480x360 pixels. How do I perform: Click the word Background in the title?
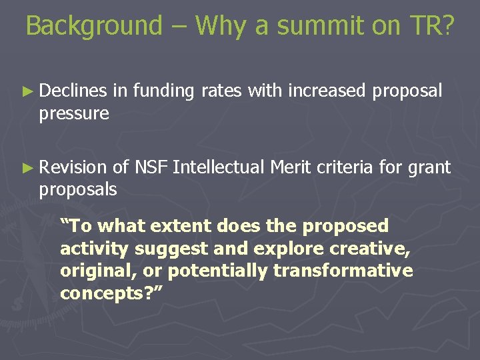click(x=94, y=26)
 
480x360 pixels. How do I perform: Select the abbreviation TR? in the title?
click(x=431, y=26)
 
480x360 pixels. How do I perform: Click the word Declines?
click(x=73, y=91)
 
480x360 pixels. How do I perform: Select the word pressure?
click(x=73, y=114)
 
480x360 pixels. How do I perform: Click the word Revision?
click(x=72, y=167)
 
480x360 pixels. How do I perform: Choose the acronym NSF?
click(x=151, y=167)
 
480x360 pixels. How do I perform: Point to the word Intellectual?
click(x=219, y=167)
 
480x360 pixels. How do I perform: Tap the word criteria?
click(x=345, y=167)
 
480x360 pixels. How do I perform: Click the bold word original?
click(x=89, y=271)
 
